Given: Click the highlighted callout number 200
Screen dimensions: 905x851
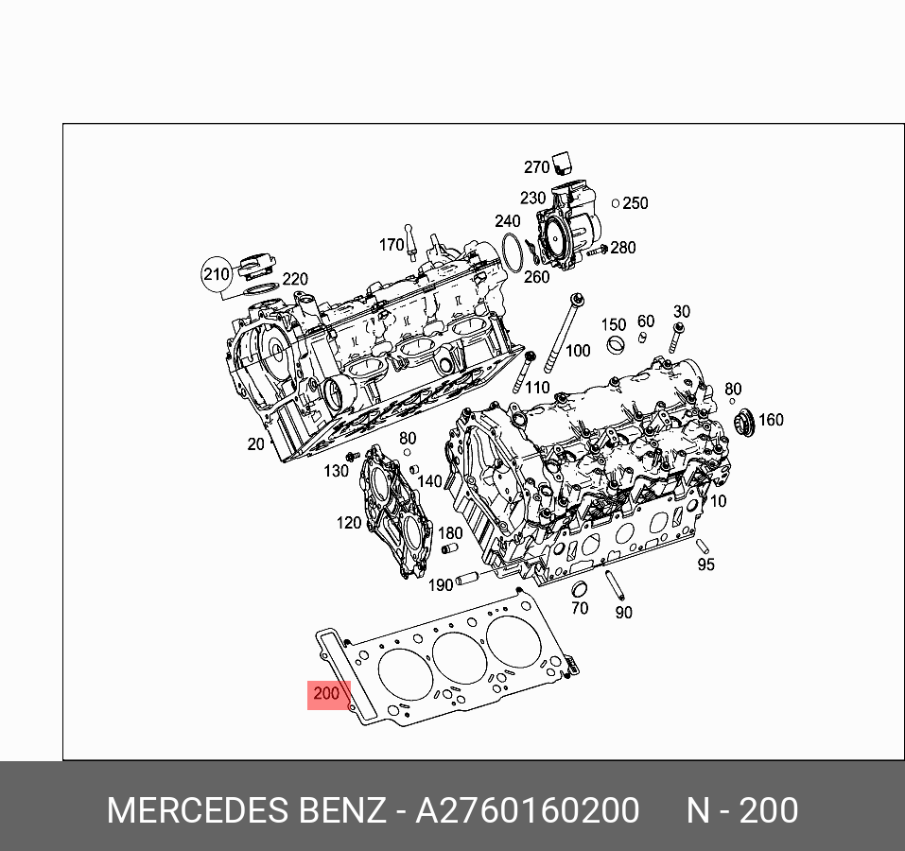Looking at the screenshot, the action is click(x=326, y=693).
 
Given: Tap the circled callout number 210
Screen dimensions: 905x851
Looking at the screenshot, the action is click(x=217, y=273).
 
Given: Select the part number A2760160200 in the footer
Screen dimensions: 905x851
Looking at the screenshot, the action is click(x=527, y=810).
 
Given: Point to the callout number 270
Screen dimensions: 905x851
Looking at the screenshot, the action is click(x=536, y=167).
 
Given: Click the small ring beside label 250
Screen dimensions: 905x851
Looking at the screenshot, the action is click(x=616, y=203).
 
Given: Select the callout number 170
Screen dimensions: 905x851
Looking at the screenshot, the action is click(x=392, y=245).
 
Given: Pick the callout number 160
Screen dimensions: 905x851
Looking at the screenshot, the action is click(x=771, y=420).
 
